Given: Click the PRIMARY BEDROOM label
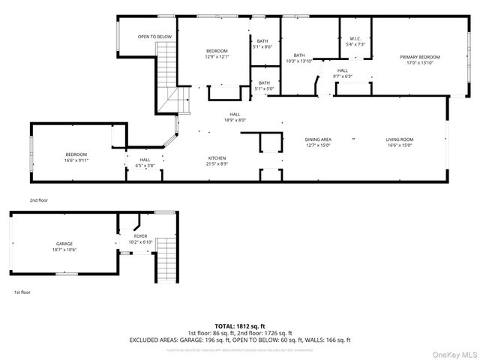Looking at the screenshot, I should pyautogui.click(x=419, y=57).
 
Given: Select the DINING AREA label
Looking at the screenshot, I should pyautogui.click(x=318, y=139).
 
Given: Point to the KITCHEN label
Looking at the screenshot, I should pyautogui.click(x=217, y=158).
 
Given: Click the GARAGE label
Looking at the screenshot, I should pyautogui.click(x=64, y=244).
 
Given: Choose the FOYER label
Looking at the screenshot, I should pyautogui.click(x=140, y=237).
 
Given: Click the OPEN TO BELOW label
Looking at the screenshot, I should pyautogui.click(x=154, y=37).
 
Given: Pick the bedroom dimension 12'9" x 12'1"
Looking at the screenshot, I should pyautogui.click(x=217, y=56).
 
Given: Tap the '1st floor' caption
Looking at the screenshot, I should pyautogui.click(x=22, y=292).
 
